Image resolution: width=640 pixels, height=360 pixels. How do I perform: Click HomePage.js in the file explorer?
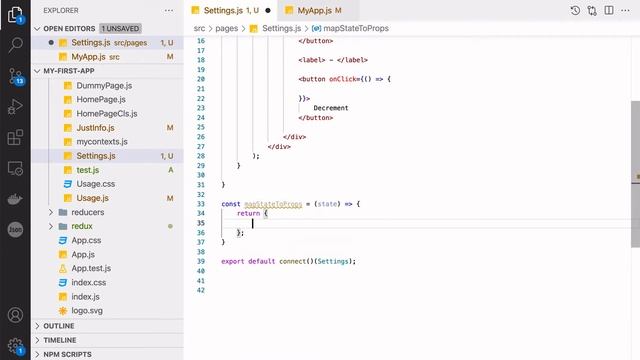(100, 99)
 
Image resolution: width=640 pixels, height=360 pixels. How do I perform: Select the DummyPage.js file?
(103, 85)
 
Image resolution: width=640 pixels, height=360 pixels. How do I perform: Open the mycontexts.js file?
(103, 142)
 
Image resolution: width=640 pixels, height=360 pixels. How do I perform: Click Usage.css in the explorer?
(96, 184)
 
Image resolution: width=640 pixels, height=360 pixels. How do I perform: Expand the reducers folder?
(88, 212)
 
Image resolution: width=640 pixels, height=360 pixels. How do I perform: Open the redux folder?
(82, 226)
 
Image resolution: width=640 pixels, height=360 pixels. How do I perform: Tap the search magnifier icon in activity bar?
(15, 45)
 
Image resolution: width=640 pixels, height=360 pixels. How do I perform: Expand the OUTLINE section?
(59, 326)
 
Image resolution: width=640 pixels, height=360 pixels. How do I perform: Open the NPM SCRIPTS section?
(67, 354)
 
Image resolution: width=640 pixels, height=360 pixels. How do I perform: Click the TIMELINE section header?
(60, 340)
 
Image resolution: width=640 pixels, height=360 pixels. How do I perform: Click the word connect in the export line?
(290, 261)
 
